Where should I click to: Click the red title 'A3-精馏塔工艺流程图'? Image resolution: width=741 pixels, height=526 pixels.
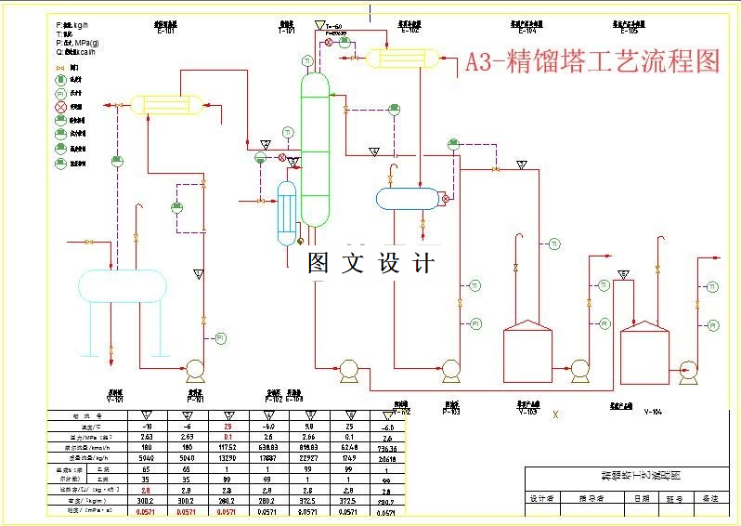pos(592,62)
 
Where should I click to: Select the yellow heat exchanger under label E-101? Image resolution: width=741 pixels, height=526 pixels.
pos(167,103)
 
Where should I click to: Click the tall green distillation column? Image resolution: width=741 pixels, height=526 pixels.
pos(315,149)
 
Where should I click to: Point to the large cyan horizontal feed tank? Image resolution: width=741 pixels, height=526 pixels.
pos(122,284)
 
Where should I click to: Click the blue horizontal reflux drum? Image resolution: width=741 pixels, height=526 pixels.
pos(407,198)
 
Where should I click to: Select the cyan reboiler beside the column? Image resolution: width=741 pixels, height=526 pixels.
pos(287,212)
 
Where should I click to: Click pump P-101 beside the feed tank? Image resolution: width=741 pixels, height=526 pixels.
pos(196,371)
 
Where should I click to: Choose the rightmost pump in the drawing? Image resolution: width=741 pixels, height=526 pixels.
pos(689,370)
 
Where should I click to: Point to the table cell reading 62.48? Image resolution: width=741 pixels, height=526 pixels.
pos(351,446)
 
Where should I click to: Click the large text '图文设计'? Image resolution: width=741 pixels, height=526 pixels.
pos(370,263)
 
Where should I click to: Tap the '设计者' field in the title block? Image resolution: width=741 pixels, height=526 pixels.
pos(542,499)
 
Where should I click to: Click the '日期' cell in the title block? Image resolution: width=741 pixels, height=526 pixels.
pos(642,499)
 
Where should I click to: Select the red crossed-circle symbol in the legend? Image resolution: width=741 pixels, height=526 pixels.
pos(61,107)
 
